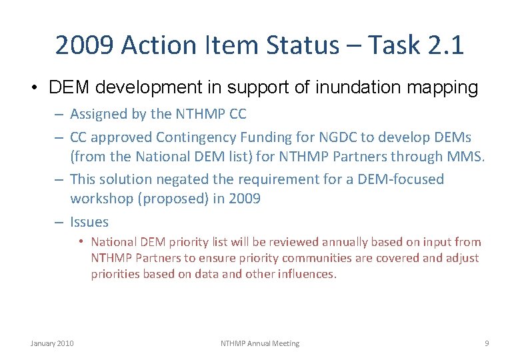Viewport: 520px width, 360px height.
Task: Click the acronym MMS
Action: [456, 157]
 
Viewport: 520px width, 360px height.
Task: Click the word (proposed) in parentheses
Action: [165, 199]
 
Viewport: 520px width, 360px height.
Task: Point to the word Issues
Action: [89, 222]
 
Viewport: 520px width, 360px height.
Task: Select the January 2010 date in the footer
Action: [52, 343]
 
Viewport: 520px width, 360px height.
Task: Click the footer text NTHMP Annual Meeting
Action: [260, 343]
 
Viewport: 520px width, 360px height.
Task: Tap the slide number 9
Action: [487, 343]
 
